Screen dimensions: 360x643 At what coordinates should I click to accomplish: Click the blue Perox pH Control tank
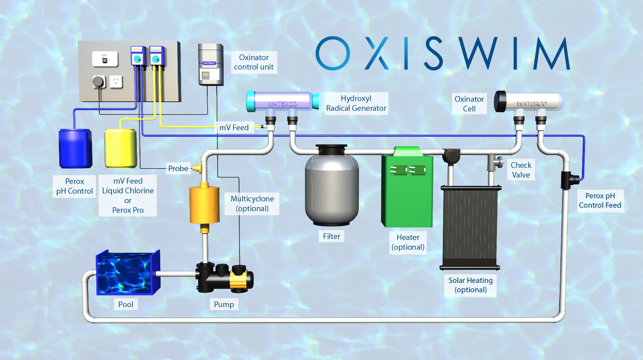coord(75,148)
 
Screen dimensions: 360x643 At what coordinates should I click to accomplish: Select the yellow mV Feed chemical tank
coord(120,148)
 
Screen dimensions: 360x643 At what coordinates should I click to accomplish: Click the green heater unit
coord(407,189)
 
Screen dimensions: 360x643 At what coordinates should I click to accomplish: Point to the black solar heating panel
coord(470,227)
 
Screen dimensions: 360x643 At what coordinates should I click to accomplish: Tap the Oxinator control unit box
coord(210,64)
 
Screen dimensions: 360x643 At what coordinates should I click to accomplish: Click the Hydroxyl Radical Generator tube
coord(282,102)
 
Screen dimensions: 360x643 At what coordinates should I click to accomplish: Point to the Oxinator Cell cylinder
coord(528,103)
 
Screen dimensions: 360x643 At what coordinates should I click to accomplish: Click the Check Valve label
coord(520,170)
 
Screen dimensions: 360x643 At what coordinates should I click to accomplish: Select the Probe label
coord(178,168)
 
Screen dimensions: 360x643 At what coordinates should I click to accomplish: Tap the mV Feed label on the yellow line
coord(234,128)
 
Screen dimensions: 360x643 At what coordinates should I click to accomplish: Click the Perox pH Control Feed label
coord(600,201)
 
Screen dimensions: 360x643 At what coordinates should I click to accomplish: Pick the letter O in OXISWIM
coord(333,53)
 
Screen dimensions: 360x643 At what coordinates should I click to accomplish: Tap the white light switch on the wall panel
coord(105,59)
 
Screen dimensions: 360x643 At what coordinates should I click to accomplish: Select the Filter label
coord(331,236)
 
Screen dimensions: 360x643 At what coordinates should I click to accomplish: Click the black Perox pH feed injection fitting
coord(568,180)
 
